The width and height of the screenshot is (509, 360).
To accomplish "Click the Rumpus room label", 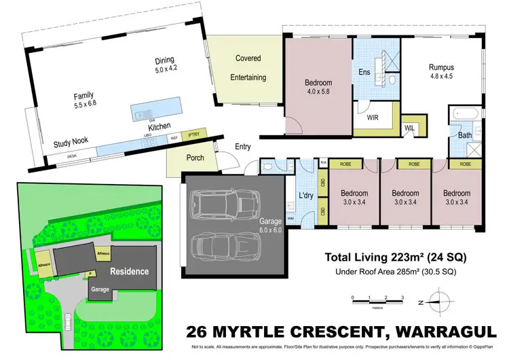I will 441,67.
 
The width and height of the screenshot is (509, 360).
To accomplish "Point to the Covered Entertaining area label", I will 248,68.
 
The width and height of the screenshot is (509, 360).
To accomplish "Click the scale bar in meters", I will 377,299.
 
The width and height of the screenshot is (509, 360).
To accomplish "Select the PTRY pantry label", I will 196,135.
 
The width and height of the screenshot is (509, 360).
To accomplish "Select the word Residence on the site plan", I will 130,271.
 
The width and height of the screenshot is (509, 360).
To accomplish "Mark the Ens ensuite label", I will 364,72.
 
